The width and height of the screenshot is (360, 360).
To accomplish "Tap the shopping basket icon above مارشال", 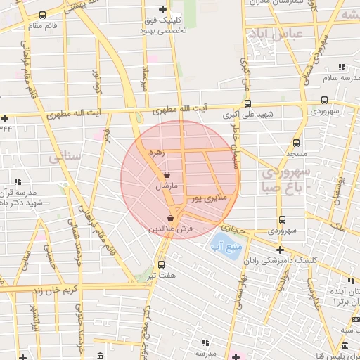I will (167, 174).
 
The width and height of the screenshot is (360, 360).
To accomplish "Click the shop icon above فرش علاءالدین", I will (171, 218).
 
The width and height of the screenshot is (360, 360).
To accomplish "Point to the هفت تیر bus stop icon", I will (162, 264).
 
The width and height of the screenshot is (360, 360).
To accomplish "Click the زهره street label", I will (157, 152).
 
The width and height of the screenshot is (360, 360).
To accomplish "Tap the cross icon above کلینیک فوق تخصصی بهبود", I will (163, 10).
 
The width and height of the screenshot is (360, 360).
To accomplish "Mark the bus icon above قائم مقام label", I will (42, 15).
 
